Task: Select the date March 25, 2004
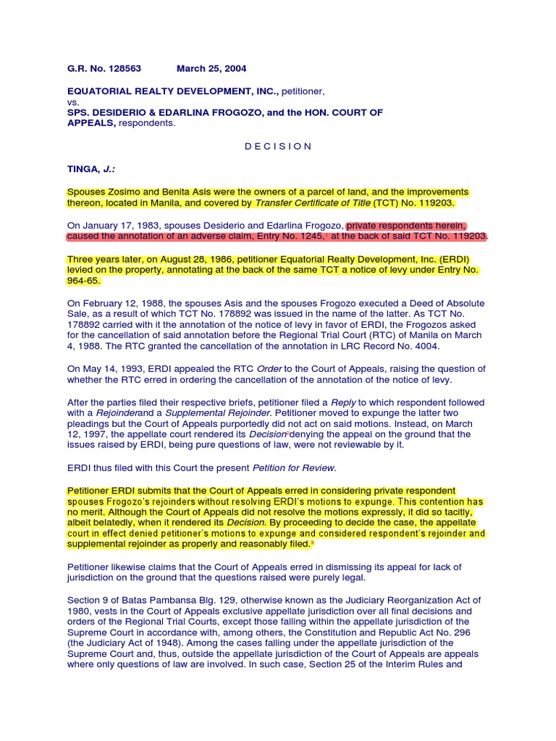click(211, 69)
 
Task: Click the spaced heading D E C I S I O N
click(277, 146)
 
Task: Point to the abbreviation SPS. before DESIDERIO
click(77, 113)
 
